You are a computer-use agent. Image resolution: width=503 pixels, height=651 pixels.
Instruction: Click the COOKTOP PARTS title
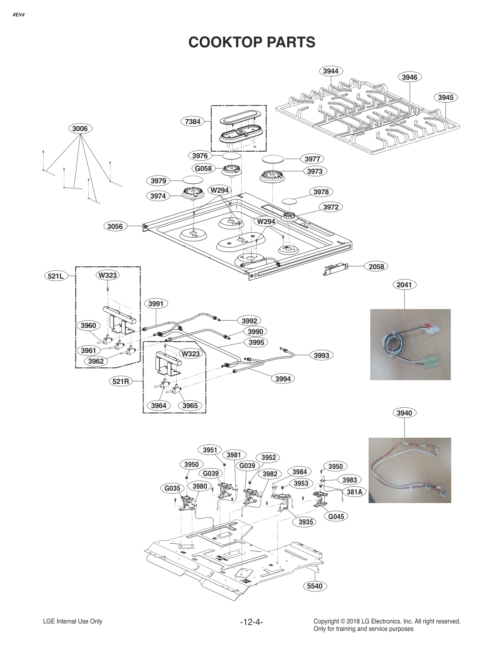tap(251, 42)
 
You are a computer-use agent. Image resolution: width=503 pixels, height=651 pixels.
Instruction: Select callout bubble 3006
tap(80, 129)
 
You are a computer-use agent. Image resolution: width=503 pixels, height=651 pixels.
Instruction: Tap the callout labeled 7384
tap(193, 121)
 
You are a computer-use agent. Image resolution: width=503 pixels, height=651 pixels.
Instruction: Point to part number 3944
tap(330, 71)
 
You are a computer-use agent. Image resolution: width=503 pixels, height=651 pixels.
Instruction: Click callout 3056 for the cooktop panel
tap(115, 226)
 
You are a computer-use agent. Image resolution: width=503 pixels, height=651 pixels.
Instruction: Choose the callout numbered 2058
tap(376, 267)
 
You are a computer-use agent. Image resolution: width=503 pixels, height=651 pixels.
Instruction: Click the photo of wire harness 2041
tap(410, 344)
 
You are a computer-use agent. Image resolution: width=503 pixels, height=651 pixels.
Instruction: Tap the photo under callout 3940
tap(410, 470)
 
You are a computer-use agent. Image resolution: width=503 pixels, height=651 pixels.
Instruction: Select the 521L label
tap(55, 276)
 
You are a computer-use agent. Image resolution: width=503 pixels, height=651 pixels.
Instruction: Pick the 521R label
tap(121, 381)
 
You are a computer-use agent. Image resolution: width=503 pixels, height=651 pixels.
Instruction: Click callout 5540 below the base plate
tap(315, 586)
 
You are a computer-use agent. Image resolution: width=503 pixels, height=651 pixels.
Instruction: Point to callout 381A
tap(354, 492)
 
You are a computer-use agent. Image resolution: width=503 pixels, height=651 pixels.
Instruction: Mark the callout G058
tap(203, 169)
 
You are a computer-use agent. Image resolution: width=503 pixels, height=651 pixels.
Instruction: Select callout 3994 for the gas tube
tap(283, 379)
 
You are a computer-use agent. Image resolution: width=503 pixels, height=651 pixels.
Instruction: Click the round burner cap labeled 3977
tap(273, 159)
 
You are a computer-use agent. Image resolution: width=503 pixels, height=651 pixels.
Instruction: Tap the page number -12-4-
tap(251, 622)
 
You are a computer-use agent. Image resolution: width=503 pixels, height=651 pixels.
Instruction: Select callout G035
tap(173, 488)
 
